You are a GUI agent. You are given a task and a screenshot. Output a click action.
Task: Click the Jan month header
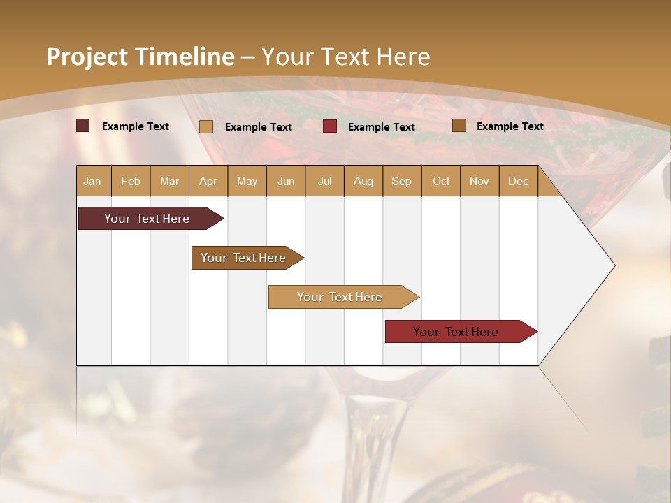point(93,181)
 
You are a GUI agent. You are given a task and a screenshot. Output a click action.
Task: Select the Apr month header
point(208,181)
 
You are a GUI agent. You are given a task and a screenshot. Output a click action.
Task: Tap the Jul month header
point(324,181)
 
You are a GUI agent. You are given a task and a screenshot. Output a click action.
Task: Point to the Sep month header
point(401,181)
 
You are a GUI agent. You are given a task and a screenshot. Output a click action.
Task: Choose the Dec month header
point(518,181)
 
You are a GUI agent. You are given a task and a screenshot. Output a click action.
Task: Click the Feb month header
point(131,181)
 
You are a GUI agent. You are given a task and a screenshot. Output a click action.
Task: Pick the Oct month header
point(440,181)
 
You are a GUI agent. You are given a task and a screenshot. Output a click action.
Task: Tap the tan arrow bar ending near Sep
point(340,297)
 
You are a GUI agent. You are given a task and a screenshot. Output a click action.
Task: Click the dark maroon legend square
point(82,126)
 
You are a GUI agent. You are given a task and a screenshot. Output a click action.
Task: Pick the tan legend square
point(205,126)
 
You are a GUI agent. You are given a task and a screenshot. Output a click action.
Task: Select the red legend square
point(330,126)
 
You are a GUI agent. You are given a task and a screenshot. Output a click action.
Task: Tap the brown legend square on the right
point(459,126)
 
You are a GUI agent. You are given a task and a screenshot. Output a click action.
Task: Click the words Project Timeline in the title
point(140,57)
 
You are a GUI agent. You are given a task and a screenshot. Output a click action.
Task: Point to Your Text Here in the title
point(346,57)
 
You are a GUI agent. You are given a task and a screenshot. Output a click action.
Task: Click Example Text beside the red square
point(381,127)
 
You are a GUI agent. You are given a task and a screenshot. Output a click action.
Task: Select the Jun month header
point(286,181)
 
